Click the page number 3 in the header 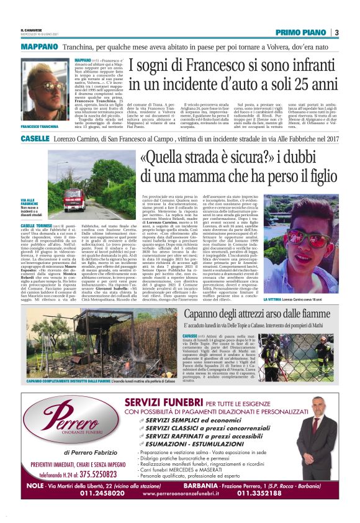click(x=336, y=32)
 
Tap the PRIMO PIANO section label click(x=301, y=32)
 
